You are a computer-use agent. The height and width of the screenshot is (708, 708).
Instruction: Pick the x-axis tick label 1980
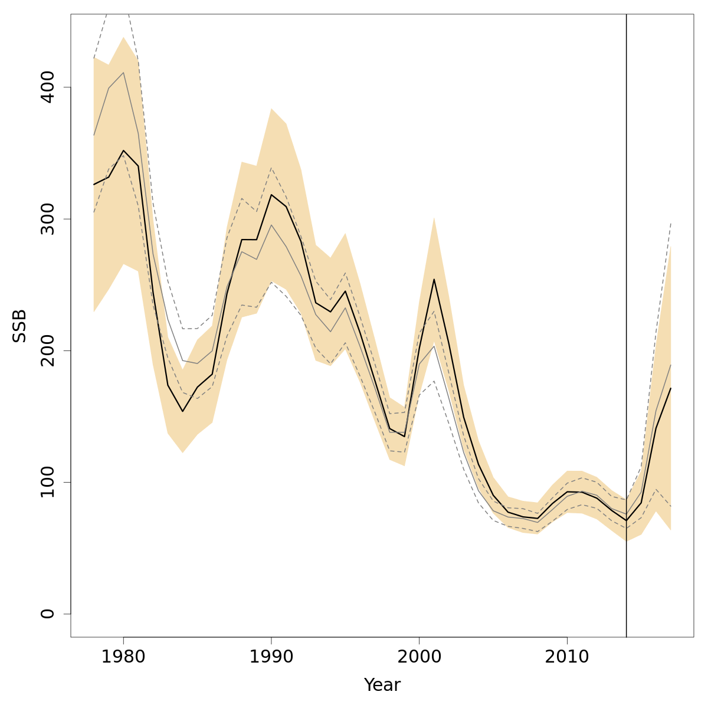pyautogui.click(x=123, y=657)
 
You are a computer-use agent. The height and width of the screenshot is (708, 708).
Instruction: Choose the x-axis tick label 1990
pyautogui.click(x=271, y=657)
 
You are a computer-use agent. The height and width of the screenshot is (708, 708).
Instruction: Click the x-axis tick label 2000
pyautogui.click(x=419, y=657)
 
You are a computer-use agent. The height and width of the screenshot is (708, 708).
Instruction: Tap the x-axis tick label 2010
pyautogui.click(x=567, y=657)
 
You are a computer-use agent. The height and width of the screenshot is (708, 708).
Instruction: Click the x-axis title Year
pyautogui.click(x=382, y=685)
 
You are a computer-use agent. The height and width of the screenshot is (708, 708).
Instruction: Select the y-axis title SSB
pyautogui.click(x=20, y=326)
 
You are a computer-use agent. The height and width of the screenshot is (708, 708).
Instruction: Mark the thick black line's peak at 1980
pyautogui.click(x=123, y=150)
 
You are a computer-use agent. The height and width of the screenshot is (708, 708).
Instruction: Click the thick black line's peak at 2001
pyautogui.click(x=434, y=279)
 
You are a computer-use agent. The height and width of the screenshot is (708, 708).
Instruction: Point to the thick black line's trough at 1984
pyautogui.click(x=183, y=411)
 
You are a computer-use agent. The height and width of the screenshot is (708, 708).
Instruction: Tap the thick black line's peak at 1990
pyautogui.click(x=271, y=195)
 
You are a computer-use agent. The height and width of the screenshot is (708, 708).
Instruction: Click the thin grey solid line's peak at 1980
pyautogui.click(x=123, y=73)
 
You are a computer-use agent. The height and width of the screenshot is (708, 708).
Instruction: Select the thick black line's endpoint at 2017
pyautogui.click(x=671, y=388)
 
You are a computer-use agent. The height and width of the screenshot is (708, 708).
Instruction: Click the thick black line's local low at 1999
pyautogui.click(x=404, y=436)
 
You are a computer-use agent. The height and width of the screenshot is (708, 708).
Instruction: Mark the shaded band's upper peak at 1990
pyautogui.click(x=271, y=109)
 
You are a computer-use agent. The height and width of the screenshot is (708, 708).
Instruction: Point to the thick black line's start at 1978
pyautogui.click(x=94, y=185)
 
